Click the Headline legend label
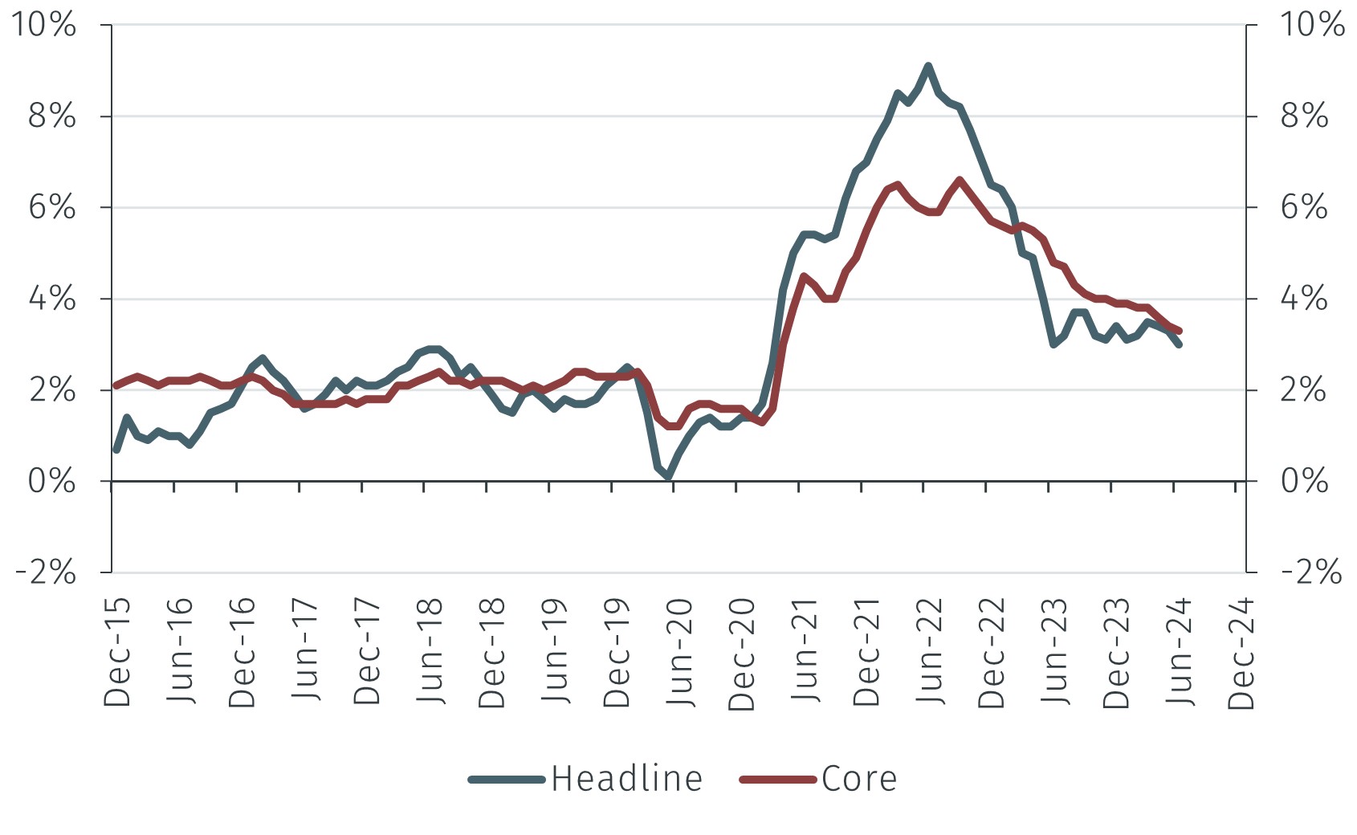tap(626, 779)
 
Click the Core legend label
tap(858, 779)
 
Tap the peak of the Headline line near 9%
tap(928, 66)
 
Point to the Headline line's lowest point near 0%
tap(668, 478)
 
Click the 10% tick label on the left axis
tap(43, 25)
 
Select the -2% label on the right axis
tap(1311, 572)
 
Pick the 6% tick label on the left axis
tap(51, 207)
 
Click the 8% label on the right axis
tap(1304, 116)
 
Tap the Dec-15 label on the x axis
tap(118, 652)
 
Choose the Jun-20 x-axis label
tap(681, 652)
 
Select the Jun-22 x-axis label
tap(930, 652)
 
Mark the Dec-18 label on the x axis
tap(493, 652)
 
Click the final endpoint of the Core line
tap(1179, 331)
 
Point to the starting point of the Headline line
tap(116, 450)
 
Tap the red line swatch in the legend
tap(777, 779)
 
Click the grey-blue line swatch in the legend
tap(507, 779)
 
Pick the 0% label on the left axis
tap(51, 481)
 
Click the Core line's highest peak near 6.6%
tap(960, 180)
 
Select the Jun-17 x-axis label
tap(306, 652)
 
